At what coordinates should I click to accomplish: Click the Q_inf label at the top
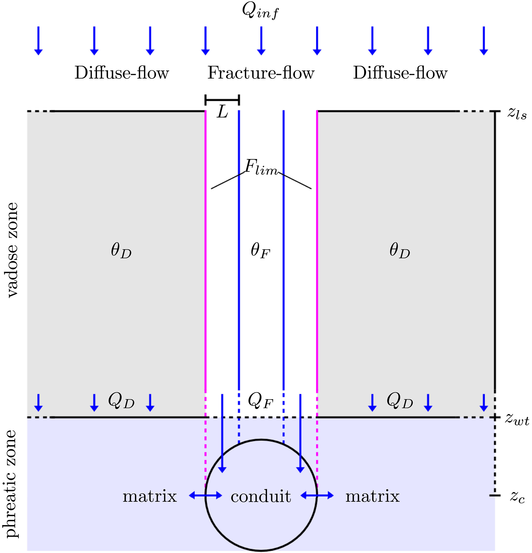coord(260,11)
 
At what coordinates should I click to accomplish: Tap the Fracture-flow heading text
coord(261,73)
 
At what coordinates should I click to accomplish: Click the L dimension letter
coord(222,112)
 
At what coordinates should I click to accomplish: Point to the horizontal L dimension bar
coord(222,99)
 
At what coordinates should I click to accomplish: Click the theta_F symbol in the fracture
coord(260,250)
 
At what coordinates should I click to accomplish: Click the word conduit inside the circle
coord(261,496)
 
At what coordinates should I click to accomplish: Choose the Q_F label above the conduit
coord(260,401)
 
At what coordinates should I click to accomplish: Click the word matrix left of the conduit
coord(149,496)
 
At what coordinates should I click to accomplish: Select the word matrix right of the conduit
coord(372,496)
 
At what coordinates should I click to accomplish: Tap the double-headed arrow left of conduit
coord(205,495)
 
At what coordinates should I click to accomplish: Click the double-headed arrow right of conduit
coord(317,495)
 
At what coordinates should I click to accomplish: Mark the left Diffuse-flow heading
coord(121,73)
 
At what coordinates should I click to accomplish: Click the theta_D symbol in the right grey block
coord(399,250)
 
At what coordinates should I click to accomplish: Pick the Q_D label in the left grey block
coord(121,401)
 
